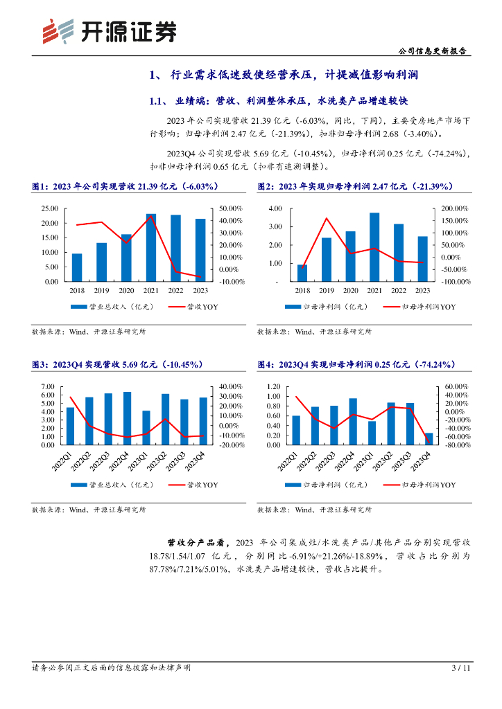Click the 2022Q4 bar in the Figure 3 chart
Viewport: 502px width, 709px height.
point(127,418)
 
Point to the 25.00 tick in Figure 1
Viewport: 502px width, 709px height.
point(49,208)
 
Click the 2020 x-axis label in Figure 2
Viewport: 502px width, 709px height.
point(350,290)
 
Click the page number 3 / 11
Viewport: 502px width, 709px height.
point(461,668)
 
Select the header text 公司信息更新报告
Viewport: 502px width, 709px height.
point(434,51)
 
